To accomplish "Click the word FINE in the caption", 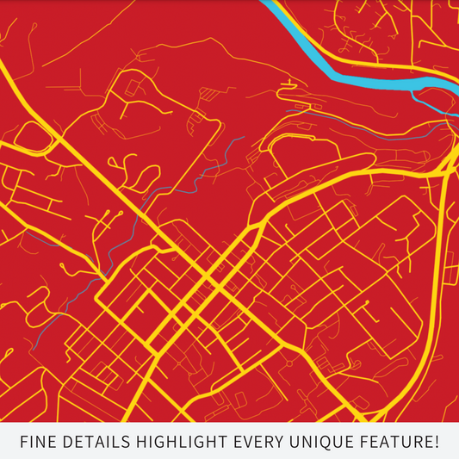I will tap(38, 443).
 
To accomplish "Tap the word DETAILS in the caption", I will tap(94, 443).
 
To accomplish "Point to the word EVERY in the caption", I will tap(260, 443).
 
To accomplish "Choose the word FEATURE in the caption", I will tap(395, 443).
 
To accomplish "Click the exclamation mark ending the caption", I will tap(437, 443).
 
